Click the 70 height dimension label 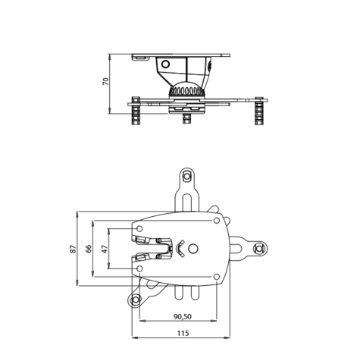pos(105,82)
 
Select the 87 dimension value pos(74,248)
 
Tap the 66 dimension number pos(89,248)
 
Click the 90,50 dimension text pos(182,316)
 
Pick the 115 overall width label pos(182,333)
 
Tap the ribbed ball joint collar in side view pos(185,92)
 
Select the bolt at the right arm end pos(259,249)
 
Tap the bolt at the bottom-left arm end pos(136,300)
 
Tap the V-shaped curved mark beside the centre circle pos(180,249)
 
